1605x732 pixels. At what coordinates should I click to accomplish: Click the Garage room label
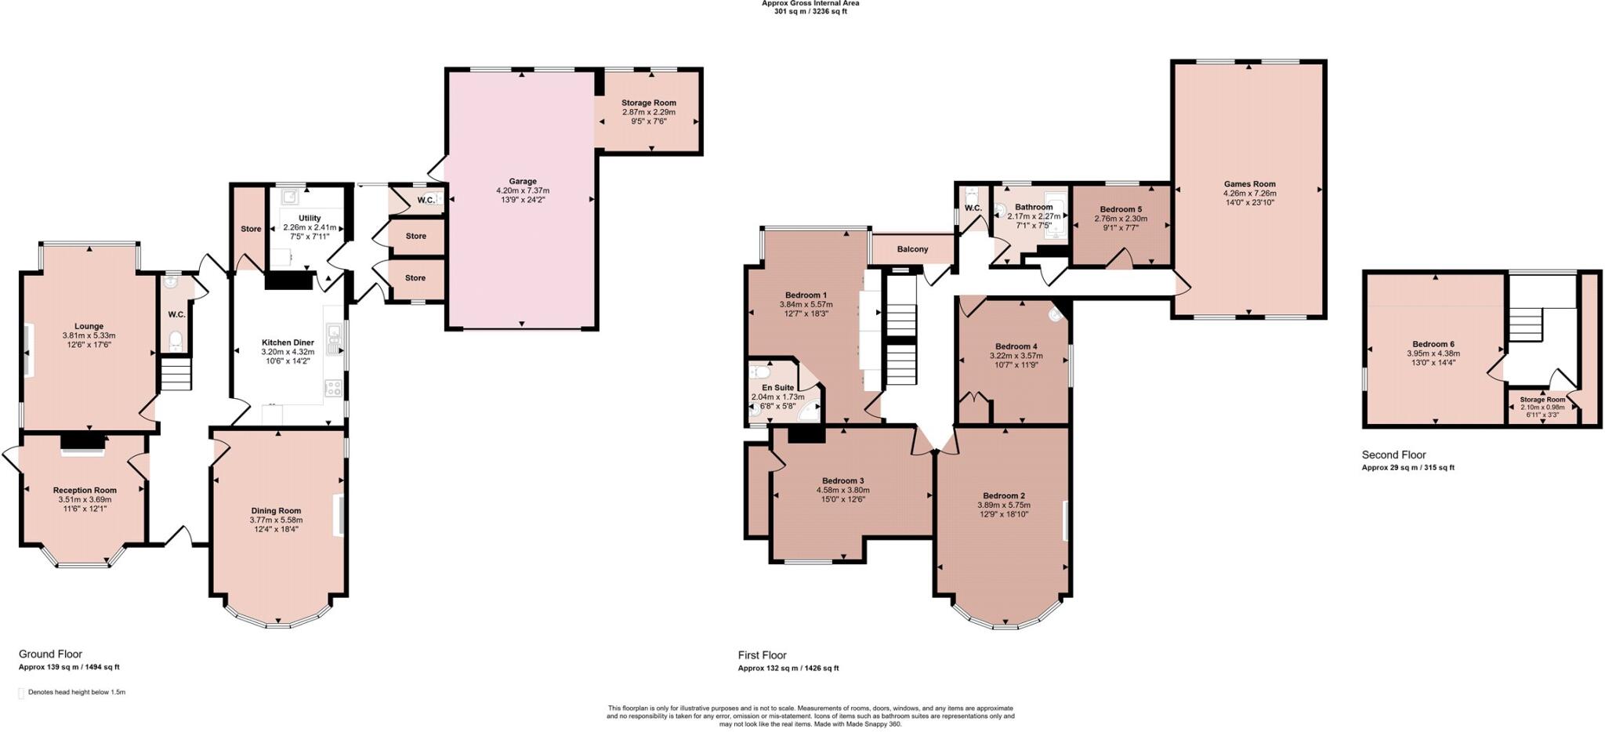point(523,181)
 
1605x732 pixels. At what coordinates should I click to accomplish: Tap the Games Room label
point(1250,184)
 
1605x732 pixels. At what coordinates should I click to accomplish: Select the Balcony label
point(912,249)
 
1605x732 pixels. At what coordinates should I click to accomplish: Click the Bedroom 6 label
point(1433,344)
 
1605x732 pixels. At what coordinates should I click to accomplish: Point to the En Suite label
point(777,388)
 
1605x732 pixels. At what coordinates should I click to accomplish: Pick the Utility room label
point(310,219)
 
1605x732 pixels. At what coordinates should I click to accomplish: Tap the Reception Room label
point(85,490)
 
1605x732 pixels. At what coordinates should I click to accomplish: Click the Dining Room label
point(276,510)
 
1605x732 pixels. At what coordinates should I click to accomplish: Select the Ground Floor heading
point(50,654)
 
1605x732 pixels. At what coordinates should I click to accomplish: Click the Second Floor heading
point(1393,455)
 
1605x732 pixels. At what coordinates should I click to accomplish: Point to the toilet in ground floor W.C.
point(176,340)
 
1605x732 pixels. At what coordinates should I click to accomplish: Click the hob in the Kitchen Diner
point(333,388)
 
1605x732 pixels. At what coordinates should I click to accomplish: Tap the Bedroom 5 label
point(1121,209)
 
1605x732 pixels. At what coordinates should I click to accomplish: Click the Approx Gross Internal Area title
point(810,3)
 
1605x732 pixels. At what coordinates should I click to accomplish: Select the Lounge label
point(89,326)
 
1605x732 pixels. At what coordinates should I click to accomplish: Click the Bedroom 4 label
point(1016,346)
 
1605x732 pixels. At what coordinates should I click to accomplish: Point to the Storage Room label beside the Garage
point(648,103)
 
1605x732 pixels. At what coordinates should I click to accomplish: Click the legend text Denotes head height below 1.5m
point(76,692)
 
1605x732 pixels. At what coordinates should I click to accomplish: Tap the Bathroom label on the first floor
point(1033,207)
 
